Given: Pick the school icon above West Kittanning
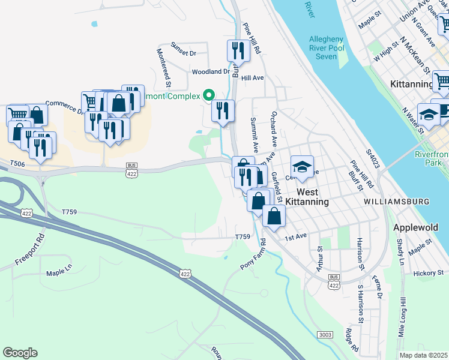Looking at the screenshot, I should click(x=303, y=167).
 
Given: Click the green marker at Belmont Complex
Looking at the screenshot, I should click(x=209, y=95).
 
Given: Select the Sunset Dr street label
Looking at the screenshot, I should click(x=184, y=53).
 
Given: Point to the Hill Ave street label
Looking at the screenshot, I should click(x=252, y=78).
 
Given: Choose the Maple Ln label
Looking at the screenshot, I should click(x=59, y=274).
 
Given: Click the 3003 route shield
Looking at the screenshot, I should click(x=325, y=334).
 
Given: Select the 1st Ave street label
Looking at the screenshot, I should click(x=296, y=237).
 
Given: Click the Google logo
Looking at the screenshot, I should click(x=20, y=353).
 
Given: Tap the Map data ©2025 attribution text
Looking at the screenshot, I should click(x=423, y=355).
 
